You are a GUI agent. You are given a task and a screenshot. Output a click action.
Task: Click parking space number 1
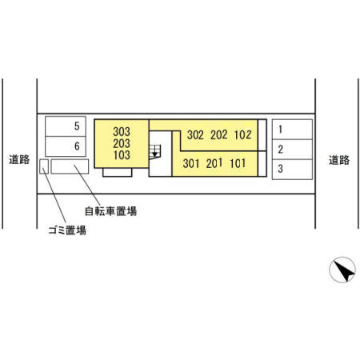pos(292,130)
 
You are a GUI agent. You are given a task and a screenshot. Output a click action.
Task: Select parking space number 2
pos(292,150)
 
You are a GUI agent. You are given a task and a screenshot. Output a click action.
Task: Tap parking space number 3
pos(292,170)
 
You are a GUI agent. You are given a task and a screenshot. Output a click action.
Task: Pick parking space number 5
pos(66,126)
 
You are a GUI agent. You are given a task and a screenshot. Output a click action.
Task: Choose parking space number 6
pos(66,146)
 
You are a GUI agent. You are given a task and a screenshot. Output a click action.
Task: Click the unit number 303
pos(122,131)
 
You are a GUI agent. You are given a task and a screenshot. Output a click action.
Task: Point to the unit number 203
pos(122,143)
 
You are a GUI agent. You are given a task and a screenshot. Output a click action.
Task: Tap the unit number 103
pos(122,155)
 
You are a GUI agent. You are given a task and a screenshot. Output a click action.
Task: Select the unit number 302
pos(195,135)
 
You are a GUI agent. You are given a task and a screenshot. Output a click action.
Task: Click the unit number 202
pos(219,135)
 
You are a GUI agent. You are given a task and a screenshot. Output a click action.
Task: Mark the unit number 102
pos(242,134)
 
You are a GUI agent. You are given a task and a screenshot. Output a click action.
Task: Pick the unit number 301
pos(191,163)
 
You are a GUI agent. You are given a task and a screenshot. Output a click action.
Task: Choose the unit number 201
pos(214,163)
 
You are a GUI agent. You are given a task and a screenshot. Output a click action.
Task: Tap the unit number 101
pos(238,163)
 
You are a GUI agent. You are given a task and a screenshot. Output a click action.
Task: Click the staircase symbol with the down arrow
pos(155,152)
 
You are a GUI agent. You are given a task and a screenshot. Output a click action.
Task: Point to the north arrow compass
pos(342,270)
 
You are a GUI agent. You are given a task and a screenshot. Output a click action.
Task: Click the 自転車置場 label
pos(110,211)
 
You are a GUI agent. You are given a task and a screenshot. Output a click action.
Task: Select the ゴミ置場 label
pos(67,230)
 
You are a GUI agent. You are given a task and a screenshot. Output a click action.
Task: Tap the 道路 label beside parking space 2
pos(339,160)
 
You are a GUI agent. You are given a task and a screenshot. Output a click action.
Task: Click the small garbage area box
pos(44,166)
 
